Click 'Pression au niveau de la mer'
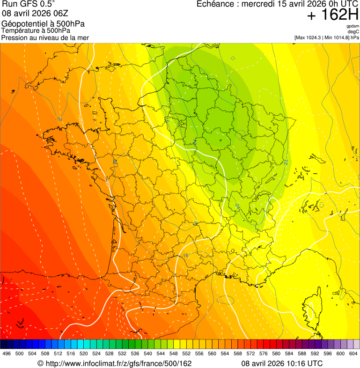click(x=45, y=37)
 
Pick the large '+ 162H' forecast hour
click(x=333, y=15)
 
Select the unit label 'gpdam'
click(x=353, y=26)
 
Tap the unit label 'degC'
click(x=354, y=32)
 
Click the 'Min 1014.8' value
click(x=338, y=37)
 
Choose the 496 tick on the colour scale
click(x=7, y=354)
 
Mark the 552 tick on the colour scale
click(x=186, y=354)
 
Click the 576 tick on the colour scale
click(x=263, y=354)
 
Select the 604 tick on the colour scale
click(x=353, y=354)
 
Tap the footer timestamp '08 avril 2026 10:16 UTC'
click(x=282, y=363)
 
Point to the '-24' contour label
click(x=286, y=162)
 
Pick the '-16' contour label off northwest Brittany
click(x=59, y=119)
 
